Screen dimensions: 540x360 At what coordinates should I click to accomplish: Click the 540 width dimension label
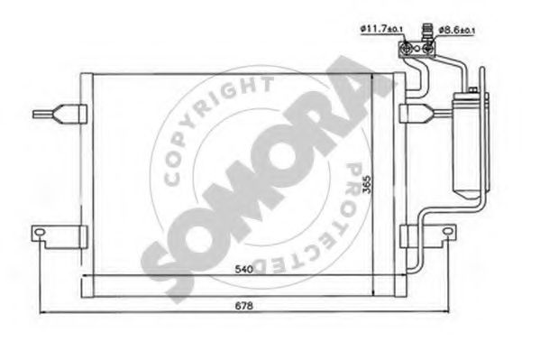coord(244,269)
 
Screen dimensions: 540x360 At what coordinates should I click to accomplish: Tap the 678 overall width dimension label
coord(244,306)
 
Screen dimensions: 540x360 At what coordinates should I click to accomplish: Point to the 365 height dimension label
coord(368,184)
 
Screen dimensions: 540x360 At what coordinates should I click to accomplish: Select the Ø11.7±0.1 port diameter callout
coord(381,29)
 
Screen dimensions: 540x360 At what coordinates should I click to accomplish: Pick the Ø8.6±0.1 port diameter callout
coord(457,31)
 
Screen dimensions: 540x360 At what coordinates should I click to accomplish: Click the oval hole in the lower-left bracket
coord(41,232)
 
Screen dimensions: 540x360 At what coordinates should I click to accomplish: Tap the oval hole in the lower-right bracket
coord(447,231)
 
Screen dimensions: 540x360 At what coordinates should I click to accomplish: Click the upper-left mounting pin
coord(59,114)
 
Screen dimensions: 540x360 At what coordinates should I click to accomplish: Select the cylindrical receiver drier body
coord(467,145)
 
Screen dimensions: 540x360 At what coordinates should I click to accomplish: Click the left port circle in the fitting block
coord(407,49)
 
